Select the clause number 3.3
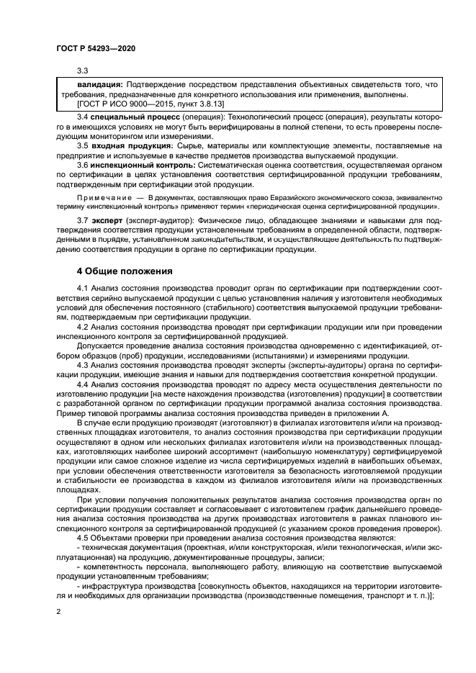click(82, 71)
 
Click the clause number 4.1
click(82, 289)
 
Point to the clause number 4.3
click(82, 365)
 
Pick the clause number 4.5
click(82, 538)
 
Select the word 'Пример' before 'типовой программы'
click(71, 413)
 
